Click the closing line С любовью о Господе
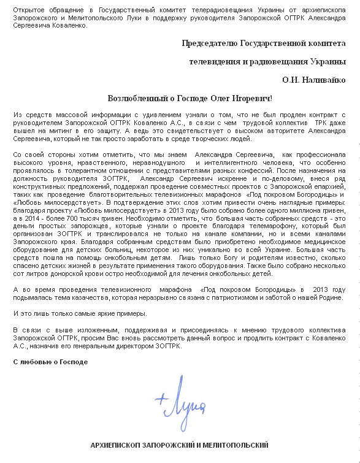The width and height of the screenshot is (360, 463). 50,361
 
